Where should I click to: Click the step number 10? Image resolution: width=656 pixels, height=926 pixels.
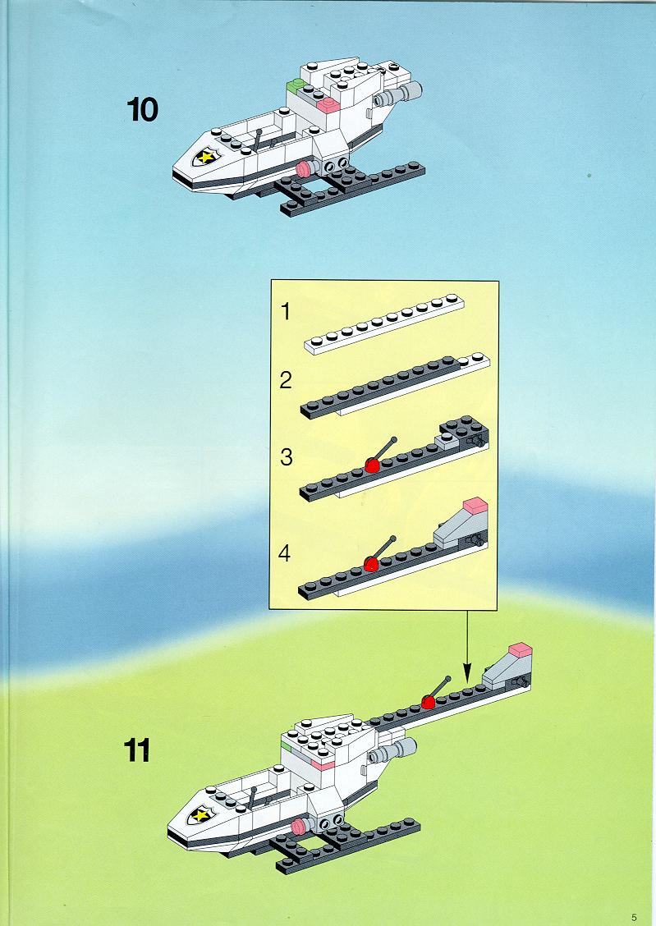(142, 110)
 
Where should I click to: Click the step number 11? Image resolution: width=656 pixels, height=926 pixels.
(137, 750)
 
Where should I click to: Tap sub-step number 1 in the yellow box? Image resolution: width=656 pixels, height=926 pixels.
(286, 311)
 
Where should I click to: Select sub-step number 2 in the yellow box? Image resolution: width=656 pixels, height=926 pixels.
(286, 380)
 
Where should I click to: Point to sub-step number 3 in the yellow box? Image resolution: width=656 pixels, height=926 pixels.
(287, 456)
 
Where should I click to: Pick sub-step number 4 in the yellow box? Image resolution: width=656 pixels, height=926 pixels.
(285, 553)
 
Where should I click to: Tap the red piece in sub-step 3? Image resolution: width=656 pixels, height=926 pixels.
(373, 465)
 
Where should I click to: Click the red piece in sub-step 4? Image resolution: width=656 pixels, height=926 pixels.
(371, 563)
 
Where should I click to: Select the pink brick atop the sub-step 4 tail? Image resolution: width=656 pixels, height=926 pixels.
(476, 505)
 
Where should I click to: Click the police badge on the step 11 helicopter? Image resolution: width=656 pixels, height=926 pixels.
(201, 815)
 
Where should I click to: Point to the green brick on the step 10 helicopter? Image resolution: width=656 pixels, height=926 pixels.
(295, 87)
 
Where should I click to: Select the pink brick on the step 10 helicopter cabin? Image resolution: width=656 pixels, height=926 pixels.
(327, 106)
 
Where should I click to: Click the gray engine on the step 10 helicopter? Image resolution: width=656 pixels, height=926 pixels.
(397, 94)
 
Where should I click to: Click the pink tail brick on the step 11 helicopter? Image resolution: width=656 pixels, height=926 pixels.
(521, 649)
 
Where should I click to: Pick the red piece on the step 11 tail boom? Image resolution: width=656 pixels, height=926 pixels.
(429, 702)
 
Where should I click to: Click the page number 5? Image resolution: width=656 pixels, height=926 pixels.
(634, 917)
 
